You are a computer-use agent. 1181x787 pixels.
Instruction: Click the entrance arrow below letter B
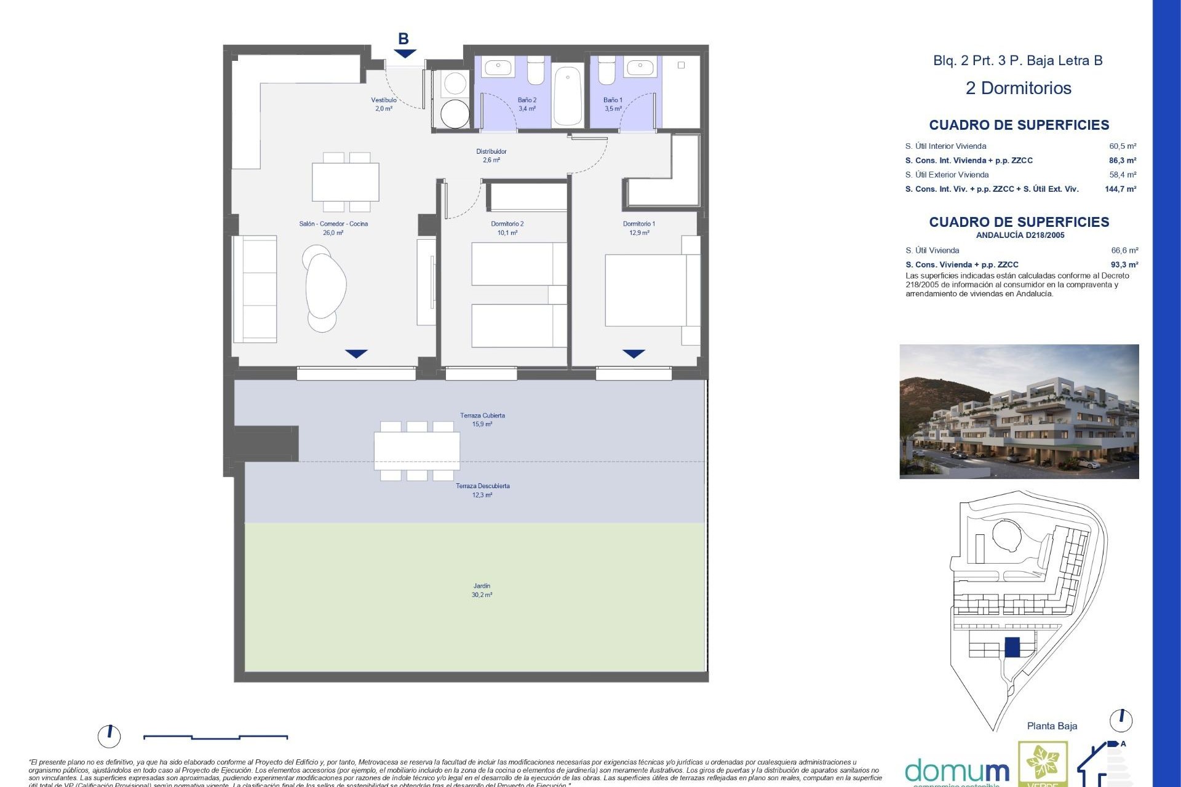coord(405,54)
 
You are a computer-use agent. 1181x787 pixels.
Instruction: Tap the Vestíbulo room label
coord(383,100)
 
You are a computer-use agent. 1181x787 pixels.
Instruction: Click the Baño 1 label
coord(613,100)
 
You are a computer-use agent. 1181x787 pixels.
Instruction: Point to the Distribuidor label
coord(491,151)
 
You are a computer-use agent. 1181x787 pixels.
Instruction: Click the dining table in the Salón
coord(345,182)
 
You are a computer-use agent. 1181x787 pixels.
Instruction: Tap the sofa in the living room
coord(255,289)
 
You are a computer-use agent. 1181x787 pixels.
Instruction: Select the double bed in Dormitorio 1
coord(646,290)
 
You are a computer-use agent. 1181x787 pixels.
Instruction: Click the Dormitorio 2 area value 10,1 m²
coord(507,233)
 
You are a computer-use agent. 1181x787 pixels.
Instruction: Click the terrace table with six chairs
coord(417,451)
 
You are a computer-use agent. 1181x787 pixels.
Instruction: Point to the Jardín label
coord(482,586)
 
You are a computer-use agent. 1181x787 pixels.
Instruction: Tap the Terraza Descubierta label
coord(482,486)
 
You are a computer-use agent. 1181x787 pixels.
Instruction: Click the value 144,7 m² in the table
coord(1120,189)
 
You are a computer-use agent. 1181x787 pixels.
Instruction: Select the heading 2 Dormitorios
coord(1018,88)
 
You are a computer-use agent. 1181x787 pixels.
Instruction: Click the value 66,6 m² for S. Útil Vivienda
coord(1124,250)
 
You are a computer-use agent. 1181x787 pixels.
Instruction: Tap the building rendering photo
coord(1019,411)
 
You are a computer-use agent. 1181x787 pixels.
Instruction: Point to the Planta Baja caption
coord(1052,726)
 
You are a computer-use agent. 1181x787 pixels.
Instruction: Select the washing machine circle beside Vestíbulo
coord(455,113)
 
